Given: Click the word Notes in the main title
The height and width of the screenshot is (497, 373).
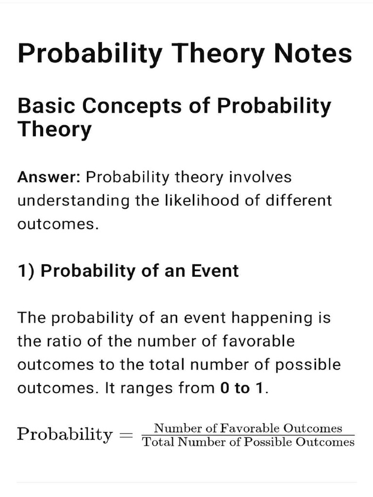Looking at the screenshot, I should tap(313, 53).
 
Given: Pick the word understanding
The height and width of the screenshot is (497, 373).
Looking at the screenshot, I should tap(73, 200).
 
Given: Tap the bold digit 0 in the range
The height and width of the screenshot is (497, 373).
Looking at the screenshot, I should tap(224, 388).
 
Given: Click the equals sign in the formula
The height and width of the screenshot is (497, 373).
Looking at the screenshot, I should tap(126, 434).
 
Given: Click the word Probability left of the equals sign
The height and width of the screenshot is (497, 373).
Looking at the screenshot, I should tap(64, 434).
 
